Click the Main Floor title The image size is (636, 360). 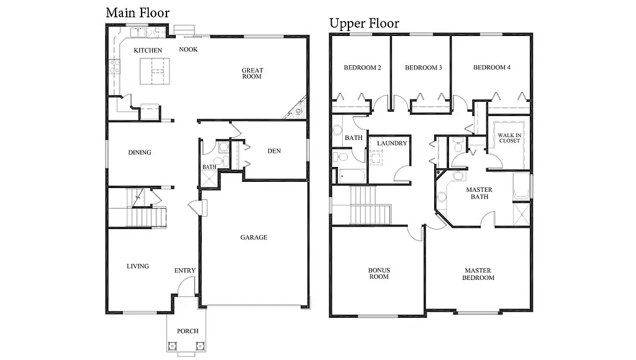coord(137,12)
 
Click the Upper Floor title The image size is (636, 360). coord(364,24)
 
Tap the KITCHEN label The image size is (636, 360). coord(148,50)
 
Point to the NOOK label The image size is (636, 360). coord(188,50)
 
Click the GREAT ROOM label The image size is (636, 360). coord(252,74)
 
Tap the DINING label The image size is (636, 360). coord(140,153)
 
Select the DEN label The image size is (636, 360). coord(275,151)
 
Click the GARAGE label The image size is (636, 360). coord(253,237)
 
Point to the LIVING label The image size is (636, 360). coord(138,266)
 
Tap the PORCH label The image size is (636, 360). coord(188,331)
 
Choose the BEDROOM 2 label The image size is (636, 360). coord(362,68)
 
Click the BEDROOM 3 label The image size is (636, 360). coord(423,68)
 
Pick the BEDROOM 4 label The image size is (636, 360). coord(491,68)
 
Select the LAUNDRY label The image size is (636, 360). coord(392,143)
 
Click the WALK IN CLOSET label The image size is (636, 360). coord(509,137)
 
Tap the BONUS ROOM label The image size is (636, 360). coord(378,273)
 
